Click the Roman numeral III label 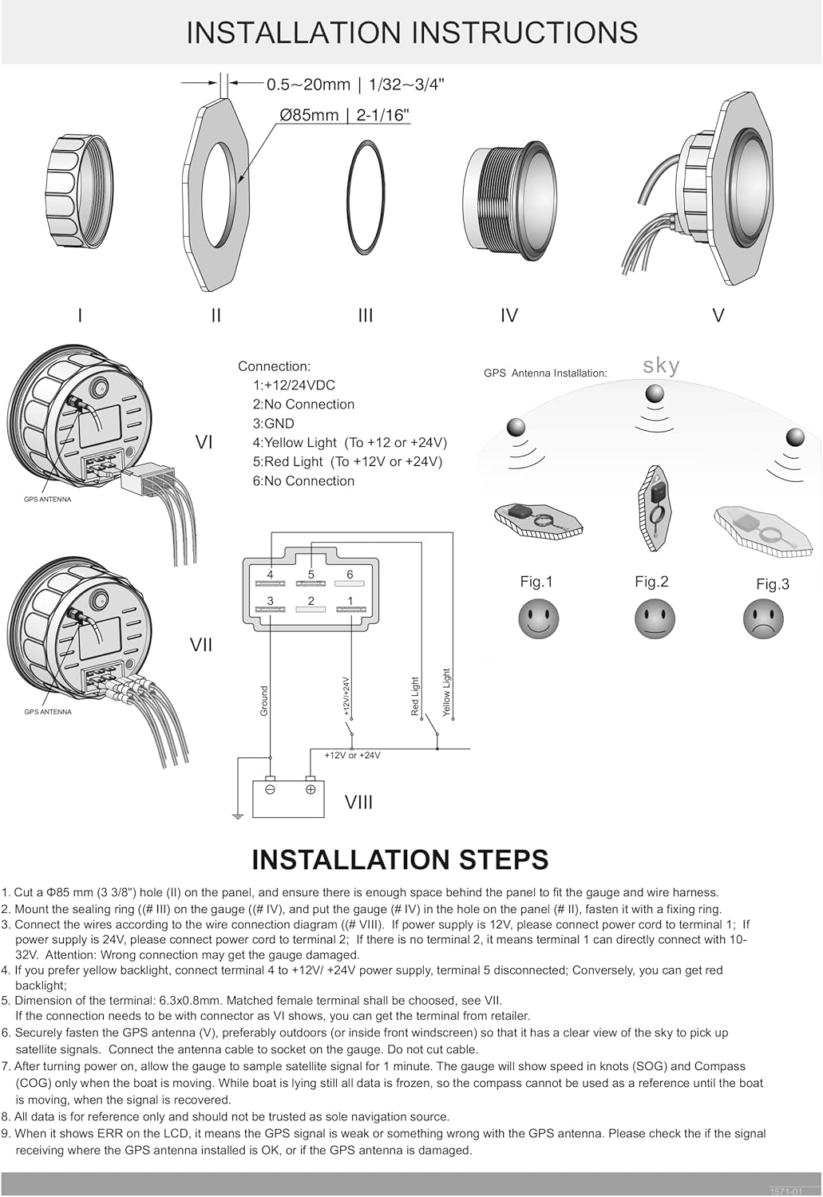click(366, 316)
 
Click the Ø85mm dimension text click(344, 115)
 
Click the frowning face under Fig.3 click(763, 619)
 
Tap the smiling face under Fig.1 click(538, 619)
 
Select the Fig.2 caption click(651, 582)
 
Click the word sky click(661, 365)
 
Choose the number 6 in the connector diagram click(350, 575)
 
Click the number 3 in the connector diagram click(271, 601)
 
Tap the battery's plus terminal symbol click(311, 789)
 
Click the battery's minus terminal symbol click(270, 789)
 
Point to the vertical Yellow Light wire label click(446, 692)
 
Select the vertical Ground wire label click(264, 701)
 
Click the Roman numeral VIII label click(358, 803)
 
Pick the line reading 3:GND click(273, 424)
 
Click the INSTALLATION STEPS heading click(400, 859)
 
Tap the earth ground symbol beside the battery click(237, 815)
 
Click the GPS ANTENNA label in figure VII click(48, 712)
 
